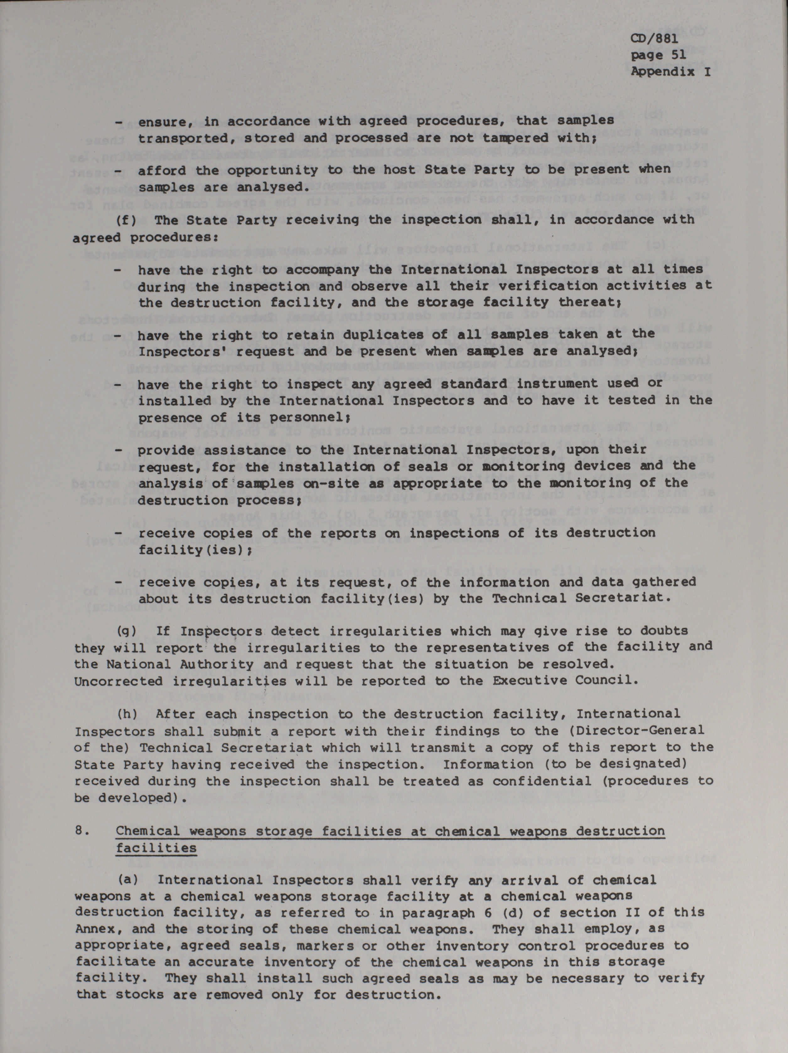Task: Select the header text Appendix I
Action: (x=671, y=72)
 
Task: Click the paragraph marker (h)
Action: (x=127, y=714)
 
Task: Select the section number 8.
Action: (x=81, y=831)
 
